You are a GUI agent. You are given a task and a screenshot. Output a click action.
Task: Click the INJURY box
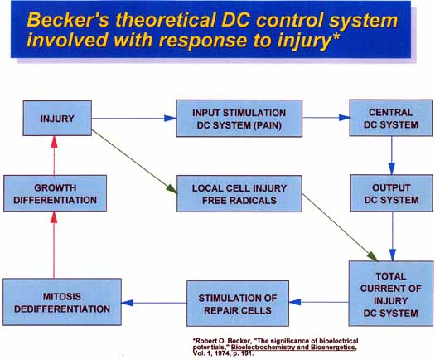(x=57, y=118)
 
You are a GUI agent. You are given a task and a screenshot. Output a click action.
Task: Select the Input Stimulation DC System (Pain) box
(x=239, y=119)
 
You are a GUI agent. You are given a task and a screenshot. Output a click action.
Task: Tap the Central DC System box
(x=391, y=118)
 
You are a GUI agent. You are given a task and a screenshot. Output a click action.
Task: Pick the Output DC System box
(x=391, y=193)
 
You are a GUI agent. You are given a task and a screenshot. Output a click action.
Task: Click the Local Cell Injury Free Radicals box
(x=239, y=193)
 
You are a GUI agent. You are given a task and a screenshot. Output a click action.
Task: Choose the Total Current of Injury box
(x=391, y=294)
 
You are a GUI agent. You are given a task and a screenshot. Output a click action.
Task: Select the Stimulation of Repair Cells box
(x=238, y=304)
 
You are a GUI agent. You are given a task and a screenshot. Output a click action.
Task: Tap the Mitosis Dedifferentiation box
(x=62, y=302)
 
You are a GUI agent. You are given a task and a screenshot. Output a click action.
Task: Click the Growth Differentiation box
(x=55, y=193)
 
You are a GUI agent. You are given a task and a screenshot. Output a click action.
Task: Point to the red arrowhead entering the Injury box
(x=55, y=142)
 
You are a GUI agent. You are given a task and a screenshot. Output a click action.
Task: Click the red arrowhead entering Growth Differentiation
(x=55, y=217)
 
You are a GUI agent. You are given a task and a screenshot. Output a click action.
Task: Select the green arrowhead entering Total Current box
(x=372, y=256)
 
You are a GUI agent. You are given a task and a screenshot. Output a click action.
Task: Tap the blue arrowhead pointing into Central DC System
(x=345, y=118)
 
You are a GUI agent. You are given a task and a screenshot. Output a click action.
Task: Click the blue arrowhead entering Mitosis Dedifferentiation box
(x=127, y=303)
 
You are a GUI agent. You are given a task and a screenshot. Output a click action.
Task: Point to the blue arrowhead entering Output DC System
(x=391, y=169)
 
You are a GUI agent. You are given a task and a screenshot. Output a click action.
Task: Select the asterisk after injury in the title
(x=336, y=36)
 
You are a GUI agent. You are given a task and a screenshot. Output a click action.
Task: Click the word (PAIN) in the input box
(x=268, y=125)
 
